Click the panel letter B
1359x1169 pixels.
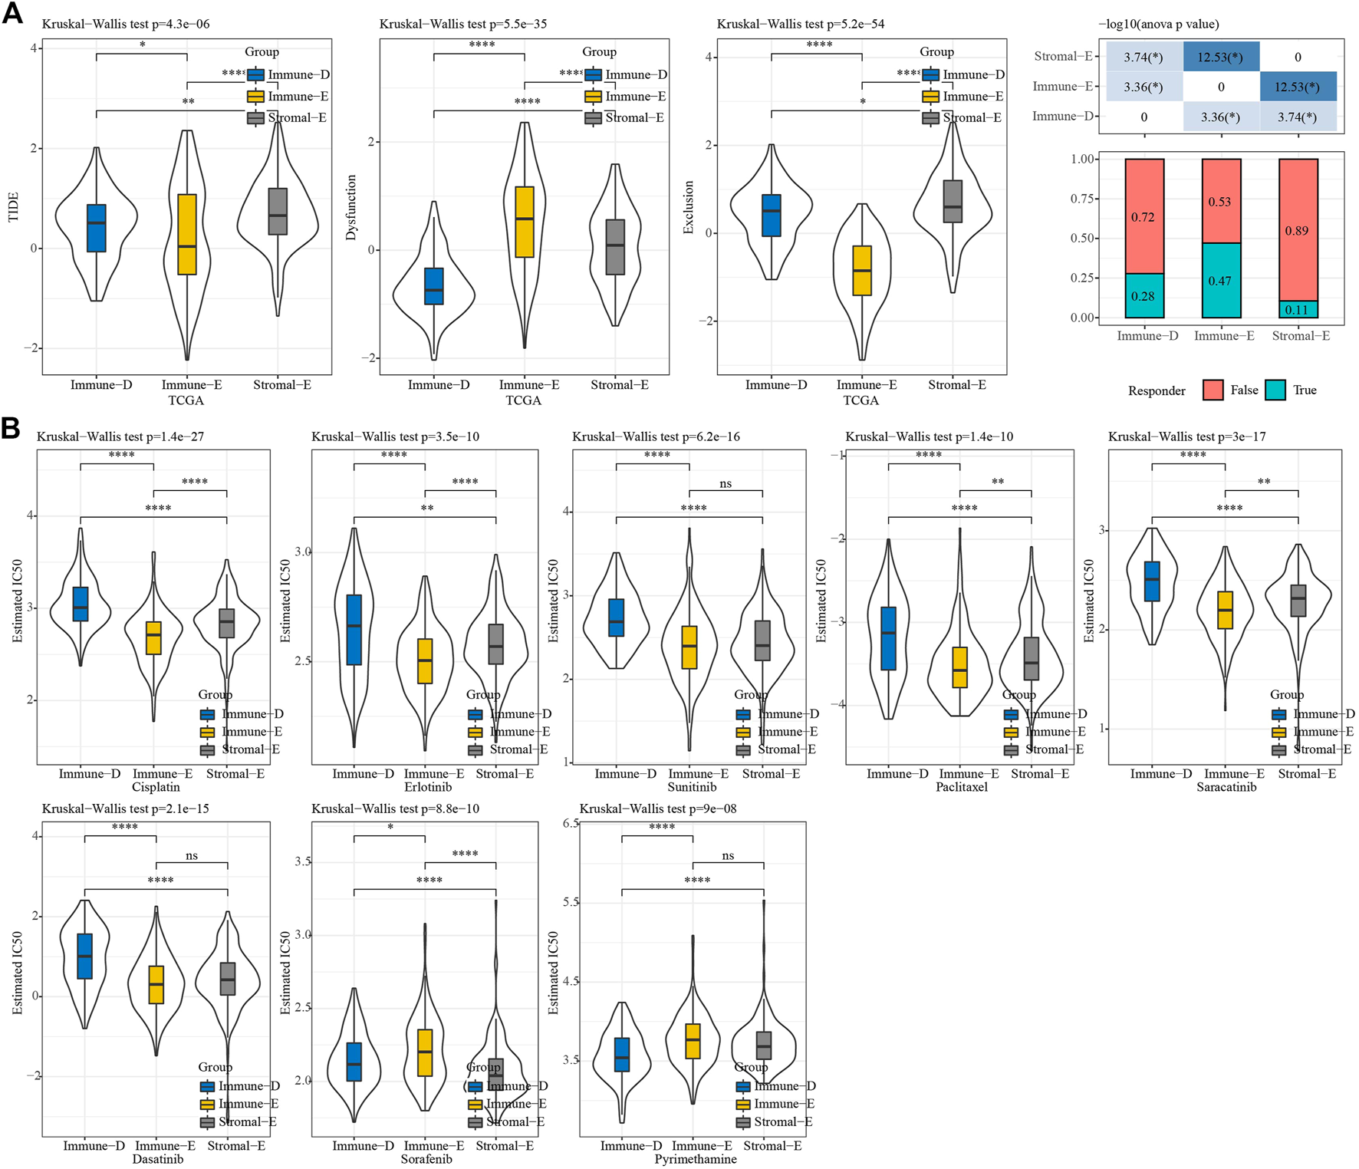point(11,426)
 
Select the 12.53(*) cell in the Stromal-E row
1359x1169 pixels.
point(1221,57)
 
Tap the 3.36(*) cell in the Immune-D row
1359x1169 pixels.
point(1221,117)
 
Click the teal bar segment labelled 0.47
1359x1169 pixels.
point(1221,281)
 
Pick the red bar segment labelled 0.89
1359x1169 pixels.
point(1298,230)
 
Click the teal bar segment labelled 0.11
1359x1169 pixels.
point(1298,310)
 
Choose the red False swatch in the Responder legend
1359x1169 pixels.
point(1213,390)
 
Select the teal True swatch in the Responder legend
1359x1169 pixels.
point(1275,390)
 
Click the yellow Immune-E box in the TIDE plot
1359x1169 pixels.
point(187,234)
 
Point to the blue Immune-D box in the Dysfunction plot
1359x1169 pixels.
point(434,286)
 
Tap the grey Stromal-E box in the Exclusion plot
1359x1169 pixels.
point(953,202)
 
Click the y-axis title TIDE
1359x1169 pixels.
point(13,207)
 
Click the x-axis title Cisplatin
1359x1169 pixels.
point(156,787)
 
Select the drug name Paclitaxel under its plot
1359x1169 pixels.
point(962,787)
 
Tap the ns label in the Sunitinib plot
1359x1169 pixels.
point(726,483)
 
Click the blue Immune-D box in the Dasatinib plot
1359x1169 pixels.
point(84,956)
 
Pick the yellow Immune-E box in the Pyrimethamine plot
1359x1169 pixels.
point(693,1041)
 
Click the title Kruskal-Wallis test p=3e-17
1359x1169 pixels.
point(1186,436)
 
